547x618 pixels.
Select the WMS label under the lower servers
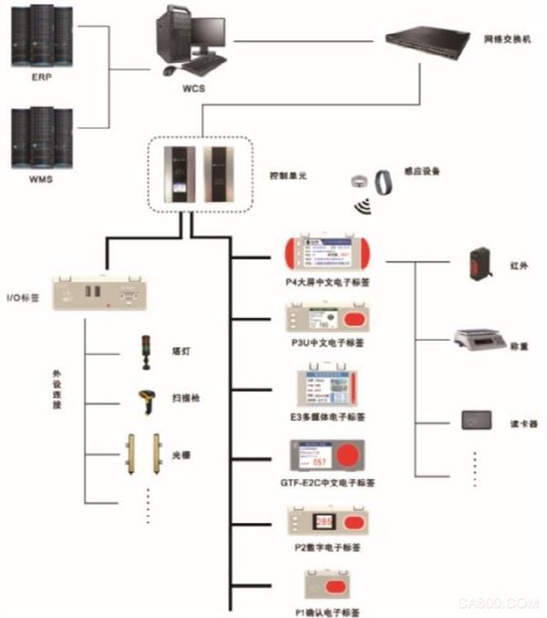coord(40,180)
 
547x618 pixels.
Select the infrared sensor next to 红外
coord(481,264)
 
